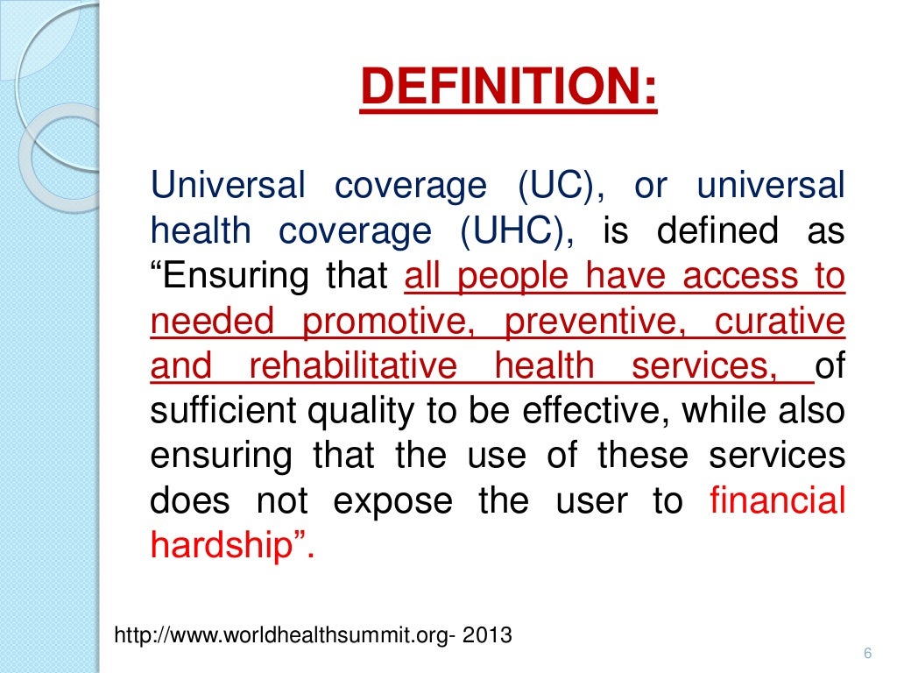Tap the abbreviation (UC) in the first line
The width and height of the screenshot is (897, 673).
click(x=558, y=187)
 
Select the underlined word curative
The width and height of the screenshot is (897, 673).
click(x=780, y=322)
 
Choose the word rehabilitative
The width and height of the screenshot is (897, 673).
click(x=352, y=366)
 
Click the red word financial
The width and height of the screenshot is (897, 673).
click(x=777, y=501)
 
